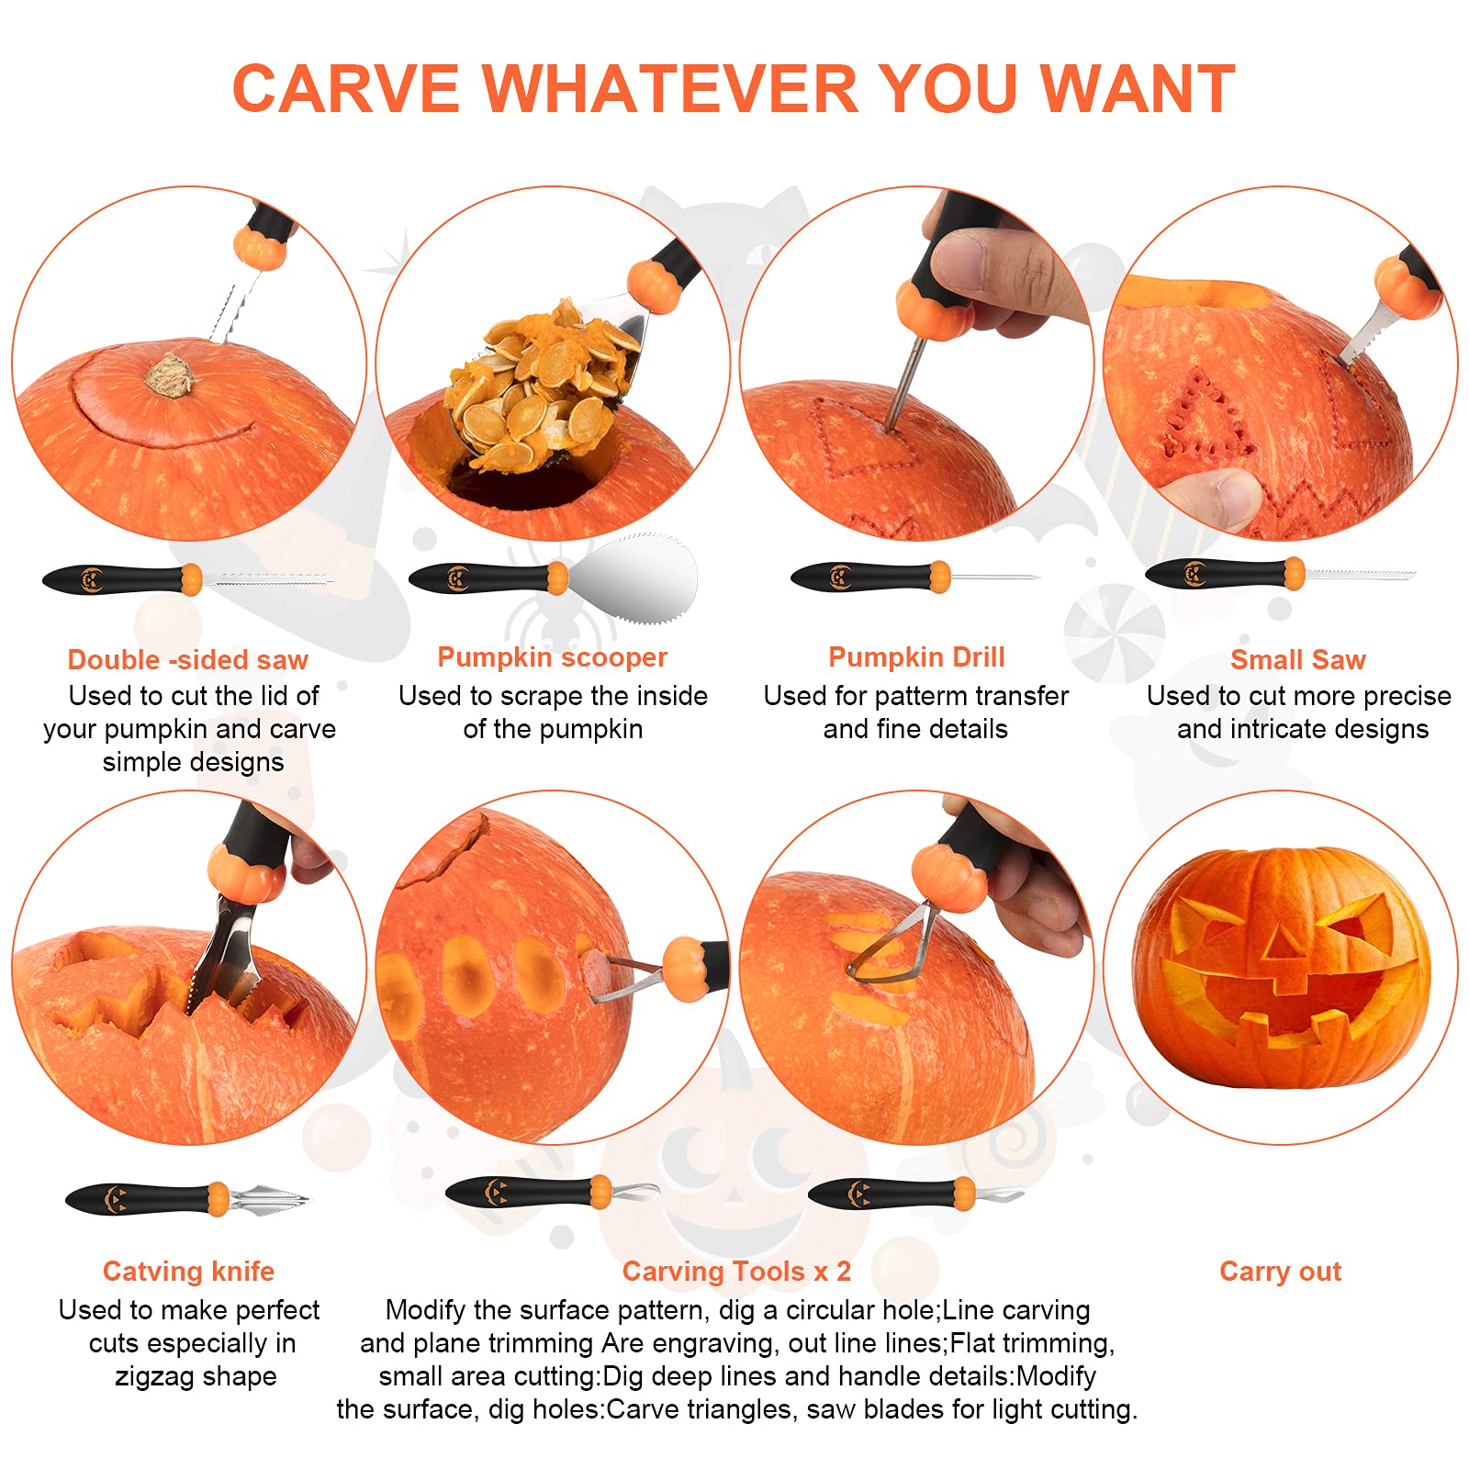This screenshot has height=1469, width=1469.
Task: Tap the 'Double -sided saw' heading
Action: [x=187, y=660]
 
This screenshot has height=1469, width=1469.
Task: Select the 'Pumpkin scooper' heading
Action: [x=552, y=657]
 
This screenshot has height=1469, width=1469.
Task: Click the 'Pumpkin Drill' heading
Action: [x=916, y=657]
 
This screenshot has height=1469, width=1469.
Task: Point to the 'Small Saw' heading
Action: [x=1297, y=660]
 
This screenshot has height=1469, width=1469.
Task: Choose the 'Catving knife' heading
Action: [x=188, y=1272]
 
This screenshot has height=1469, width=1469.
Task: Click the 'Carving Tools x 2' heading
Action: [x=736, y=1272]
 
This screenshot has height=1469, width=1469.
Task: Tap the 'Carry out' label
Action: [x=1280, y=1272]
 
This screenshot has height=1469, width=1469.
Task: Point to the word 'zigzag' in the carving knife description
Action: [x=150, y=1376]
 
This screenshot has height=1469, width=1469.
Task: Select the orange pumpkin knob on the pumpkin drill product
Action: [x=939, y=577]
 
